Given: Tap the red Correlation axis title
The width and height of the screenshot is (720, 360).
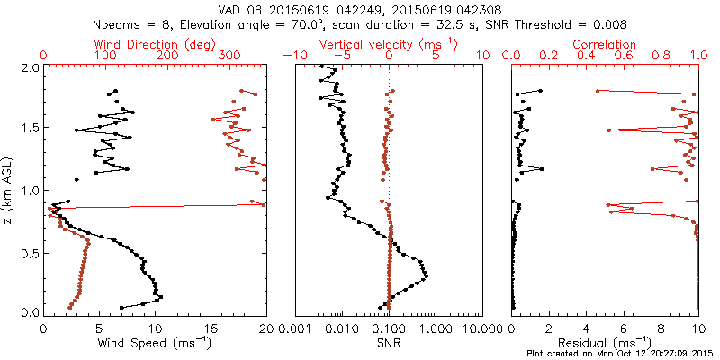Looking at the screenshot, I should [x=605, y=44].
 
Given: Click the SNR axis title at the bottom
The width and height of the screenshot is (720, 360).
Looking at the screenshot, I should [x=389, y=342].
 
